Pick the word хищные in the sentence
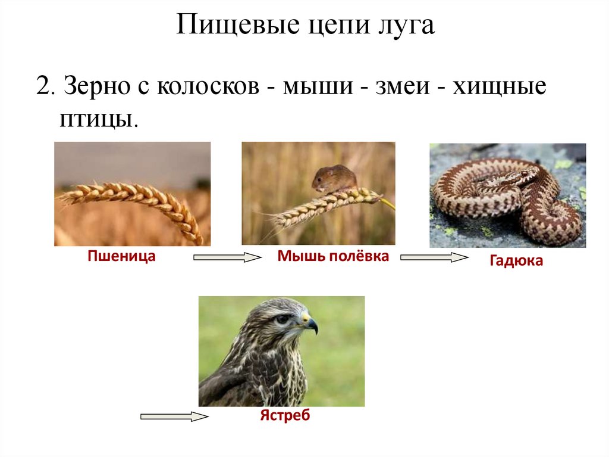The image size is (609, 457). click(x=499, y=88)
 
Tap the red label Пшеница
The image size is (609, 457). click(x=122, y=257)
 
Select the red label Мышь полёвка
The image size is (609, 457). click(x=333, y=257)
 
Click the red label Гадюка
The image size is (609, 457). click(x=516, y=261)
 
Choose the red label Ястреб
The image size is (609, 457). click(x=285, y=415)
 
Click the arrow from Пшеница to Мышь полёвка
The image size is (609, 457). click(x=227, y=257)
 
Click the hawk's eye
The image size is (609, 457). click(x=284, y=319)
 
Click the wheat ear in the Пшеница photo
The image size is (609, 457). click(x=137, y=200)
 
